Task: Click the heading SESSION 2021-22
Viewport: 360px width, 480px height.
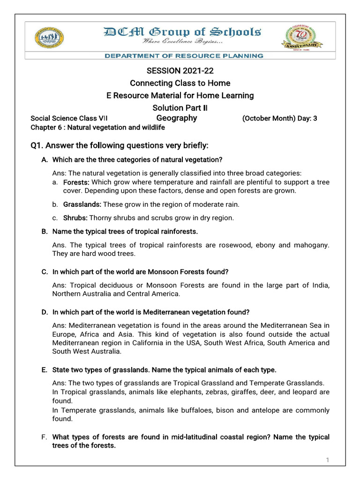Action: click(180, 71)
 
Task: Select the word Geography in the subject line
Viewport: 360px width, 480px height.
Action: click(177, 118)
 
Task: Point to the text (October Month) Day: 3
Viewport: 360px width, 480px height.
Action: click(279, 119)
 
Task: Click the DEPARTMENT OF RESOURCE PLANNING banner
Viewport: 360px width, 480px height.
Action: click(183, 56)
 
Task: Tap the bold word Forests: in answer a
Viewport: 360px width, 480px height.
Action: click(76, 182)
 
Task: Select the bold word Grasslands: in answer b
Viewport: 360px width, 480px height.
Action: click(82, 204)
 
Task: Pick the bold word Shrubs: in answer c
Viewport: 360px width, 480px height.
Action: click(75, 217)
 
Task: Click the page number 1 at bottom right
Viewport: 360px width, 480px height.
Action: click(328, 460)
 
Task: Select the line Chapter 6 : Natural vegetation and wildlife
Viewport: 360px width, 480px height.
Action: click(97, 127)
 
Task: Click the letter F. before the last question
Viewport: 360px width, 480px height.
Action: click(45, 437)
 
